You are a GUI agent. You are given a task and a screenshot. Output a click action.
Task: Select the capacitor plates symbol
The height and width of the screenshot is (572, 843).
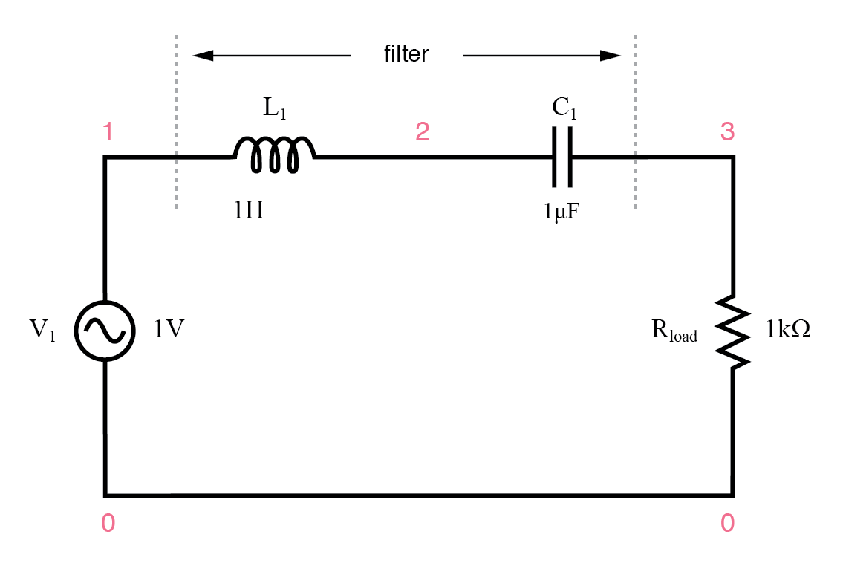pos(562,157)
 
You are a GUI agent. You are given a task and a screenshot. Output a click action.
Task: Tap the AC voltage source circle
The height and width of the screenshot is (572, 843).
pos(105,331)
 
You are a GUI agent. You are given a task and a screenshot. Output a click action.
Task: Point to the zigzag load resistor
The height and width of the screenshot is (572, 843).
pos(734,331)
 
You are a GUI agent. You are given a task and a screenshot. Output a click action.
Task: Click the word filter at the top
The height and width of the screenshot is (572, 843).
pos(406,54)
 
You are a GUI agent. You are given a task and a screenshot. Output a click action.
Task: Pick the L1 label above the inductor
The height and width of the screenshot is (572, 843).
pos(275,109)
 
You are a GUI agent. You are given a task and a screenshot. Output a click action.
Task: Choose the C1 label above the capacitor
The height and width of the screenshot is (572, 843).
pos(564,108)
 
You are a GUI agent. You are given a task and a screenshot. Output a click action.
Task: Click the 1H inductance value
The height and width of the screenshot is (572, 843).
pos(249,211)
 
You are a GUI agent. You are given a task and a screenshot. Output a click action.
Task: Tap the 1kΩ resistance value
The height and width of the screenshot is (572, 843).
pos(788,330)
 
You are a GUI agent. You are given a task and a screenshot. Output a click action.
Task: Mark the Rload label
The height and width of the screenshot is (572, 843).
pos(674,331)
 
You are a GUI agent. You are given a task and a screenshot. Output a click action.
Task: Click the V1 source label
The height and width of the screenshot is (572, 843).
pos(43,331)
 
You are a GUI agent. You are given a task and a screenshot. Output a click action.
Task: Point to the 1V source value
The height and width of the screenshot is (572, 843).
pos(169,330)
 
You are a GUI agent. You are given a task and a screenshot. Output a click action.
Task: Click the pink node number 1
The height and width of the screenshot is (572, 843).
pos(108,132)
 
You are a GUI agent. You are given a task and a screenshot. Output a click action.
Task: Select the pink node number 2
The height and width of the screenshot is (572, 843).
pos(422,132)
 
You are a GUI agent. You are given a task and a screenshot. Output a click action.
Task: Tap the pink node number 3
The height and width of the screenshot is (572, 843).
pos(727,132)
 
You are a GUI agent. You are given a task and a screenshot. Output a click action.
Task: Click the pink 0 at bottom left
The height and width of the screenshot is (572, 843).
pos(108,524)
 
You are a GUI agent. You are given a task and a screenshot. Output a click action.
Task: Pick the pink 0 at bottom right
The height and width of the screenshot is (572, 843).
pos(727,524)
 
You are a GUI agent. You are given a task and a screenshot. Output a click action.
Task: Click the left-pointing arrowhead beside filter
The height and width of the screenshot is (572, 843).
pos(202,55)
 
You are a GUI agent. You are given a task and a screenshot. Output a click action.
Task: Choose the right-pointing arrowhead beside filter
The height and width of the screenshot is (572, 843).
pos(611,55)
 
